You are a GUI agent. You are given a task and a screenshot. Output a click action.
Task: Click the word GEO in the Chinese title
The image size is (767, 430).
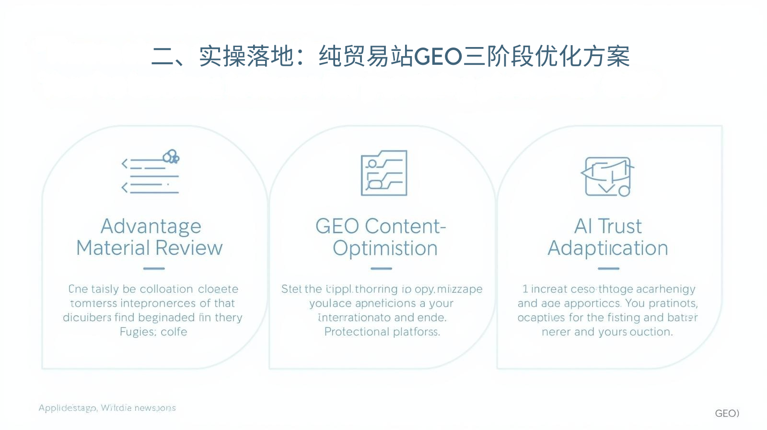tap(438, 57)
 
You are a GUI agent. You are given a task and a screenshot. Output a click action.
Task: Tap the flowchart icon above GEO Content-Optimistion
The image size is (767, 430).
tap(384, 173)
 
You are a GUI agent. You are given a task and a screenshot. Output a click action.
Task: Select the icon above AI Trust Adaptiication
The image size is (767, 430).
tap(607, 176)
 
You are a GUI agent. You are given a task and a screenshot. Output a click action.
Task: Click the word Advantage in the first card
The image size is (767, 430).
tap(151, 226)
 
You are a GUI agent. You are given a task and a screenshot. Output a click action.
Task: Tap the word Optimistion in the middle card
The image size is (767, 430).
tap(385, 248)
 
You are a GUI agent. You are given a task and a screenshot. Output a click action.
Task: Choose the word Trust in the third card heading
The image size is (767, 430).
tap(619, 226)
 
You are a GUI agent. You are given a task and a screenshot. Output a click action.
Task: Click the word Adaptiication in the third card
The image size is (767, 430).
tap(608, 248)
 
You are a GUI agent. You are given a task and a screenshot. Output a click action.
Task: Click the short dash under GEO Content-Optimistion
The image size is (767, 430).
tap(382, 269)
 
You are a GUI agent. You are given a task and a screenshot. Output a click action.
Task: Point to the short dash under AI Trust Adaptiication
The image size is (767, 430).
tap(608, 269)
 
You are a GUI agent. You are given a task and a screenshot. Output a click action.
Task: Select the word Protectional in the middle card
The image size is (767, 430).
tap(357, 332)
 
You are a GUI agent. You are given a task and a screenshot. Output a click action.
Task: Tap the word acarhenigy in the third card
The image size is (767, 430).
tap(666, 289)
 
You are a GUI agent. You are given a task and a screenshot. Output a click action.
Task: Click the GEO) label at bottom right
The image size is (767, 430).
tap(727, 413)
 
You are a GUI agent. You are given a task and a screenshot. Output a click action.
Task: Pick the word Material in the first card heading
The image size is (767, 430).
tap(114, 248)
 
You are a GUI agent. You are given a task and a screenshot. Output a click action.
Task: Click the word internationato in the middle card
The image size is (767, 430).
tap(354, 318)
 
